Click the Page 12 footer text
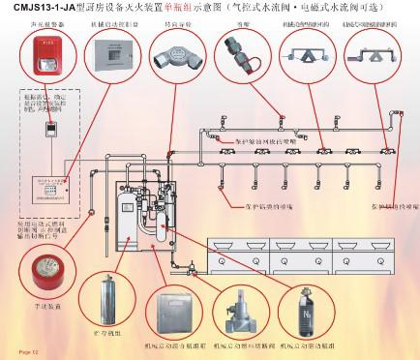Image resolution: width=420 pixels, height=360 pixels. click(21, 354)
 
